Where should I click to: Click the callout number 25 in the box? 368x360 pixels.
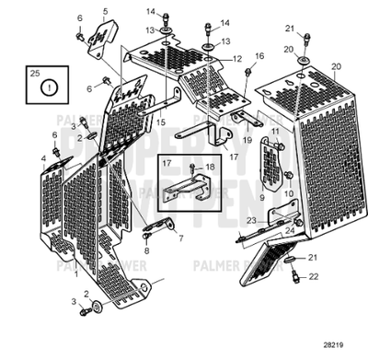pos(35,71)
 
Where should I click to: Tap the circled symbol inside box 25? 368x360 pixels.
pos(52,89)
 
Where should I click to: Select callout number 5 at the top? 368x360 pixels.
pos(105,11)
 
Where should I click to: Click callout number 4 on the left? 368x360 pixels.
pos(43,158)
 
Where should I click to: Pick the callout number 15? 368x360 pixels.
pos(160,121)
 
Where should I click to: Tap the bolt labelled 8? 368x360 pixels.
pos(146,236)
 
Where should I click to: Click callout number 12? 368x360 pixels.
pos(237,58)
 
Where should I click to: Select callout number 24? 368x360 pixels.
pos(290,230)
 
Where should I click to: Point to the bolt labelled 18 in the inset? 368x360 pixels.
pos(191,167)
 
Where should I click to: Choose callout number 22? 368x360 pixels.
pos(313,275)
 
